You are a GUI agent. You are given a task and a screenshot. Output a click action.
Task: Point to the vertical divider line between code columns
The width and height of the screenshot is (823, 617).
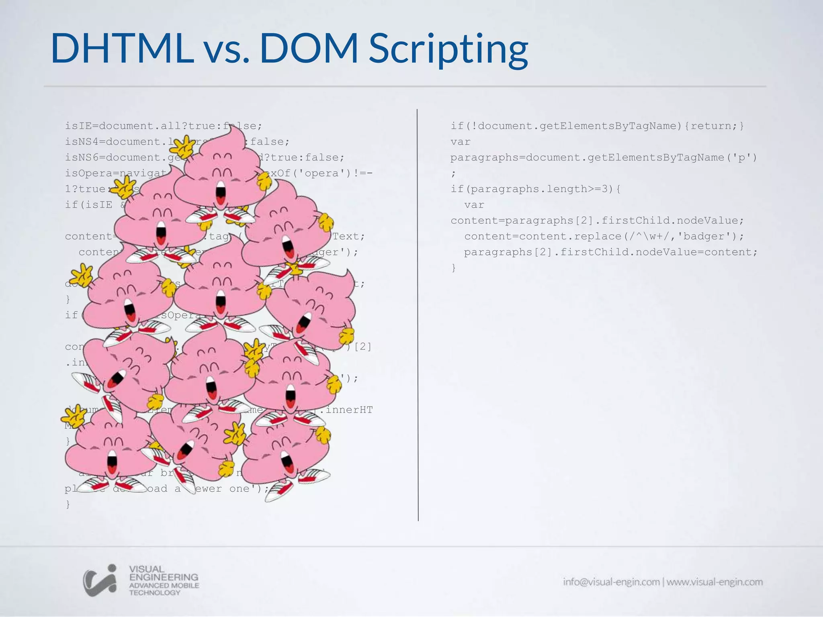pos(418,313)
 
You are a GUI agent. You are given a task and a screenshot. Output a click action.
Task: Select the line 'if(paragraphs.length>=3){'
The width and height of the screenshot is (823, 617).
pos(536,189)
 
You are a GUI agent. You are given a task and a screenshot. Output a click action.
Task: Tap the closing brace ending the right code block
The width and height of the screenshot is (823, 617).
pos(454,268)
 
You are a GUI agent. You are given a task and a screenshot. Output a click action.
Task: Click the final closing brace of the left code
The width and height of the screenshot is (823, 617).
pos(68,504)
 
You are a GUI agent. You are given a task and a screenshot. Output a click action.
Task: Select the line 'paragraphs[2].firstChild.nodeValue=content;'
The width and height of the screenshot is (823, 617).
pos(610,252)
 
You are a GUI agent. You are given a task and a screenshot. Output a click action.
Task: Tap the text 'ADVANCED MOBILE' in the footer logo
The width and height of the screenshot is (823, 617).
pos(164,585)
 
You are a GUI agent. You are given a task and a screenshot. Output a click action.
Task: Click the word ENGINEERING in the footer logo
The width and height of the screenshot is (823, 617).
pos(164,577)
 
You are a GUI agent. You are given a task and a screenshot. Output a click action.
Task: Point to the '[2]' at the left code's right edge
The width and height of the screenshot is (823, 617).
pos(363,346)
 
